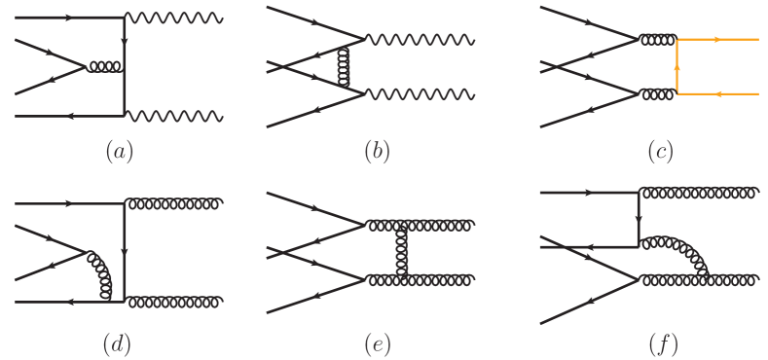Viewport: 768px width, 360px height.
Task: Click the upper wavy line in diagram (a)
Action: (175, 18)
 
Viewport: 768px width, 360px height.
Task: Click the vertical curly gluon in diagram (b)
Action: (342, 66)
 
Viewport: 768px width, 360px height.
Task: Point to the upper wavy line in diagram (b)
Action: (419, 40)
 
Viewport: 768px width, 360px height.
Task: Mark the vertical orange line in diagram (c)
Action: (677, 67)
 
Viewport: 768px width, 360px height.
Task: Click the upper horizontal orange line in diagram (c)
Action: (717, 40)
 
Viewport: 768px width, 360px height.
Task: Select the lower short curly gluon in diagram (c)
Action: (657, 94)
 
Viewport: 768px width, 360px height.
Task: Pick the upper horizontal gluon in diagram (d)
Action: (175, 204)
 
